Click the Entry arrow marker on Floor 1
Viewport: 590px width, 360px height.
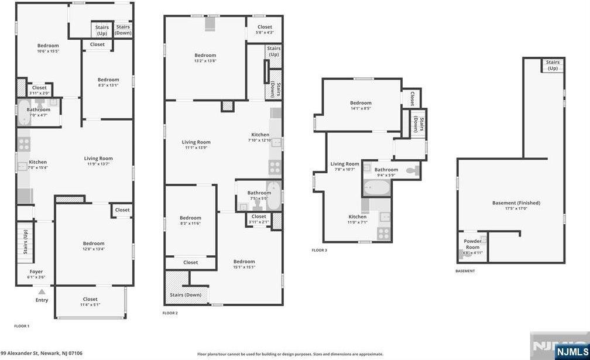(42, 292)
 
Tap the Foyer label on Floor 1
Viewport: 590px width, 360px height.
(36, 274)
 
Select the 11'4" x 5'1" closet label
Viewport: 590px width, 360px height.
(90, 301)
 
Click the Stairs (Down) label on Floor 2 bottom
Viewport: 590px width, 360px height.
(186, 294)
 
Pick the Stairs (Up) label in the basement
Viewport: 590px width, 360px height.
(553, 65)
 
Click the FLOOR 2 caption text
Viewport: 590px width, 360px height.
(170, 313)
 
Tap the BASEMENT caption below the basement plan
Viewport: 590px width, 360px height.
(465, 271)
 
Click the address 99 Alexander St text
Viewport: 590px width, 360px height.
(42, 353)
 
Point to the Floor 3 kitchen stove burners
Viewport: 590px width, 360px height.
(383, 233)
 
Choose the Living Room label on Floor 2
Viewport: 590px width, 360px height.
(196, 145)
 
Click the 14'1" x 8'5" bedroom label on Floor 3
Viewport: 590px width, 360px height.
(361, 105)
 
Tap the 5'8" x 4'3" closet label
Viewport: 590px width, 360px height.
(265, 29)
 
